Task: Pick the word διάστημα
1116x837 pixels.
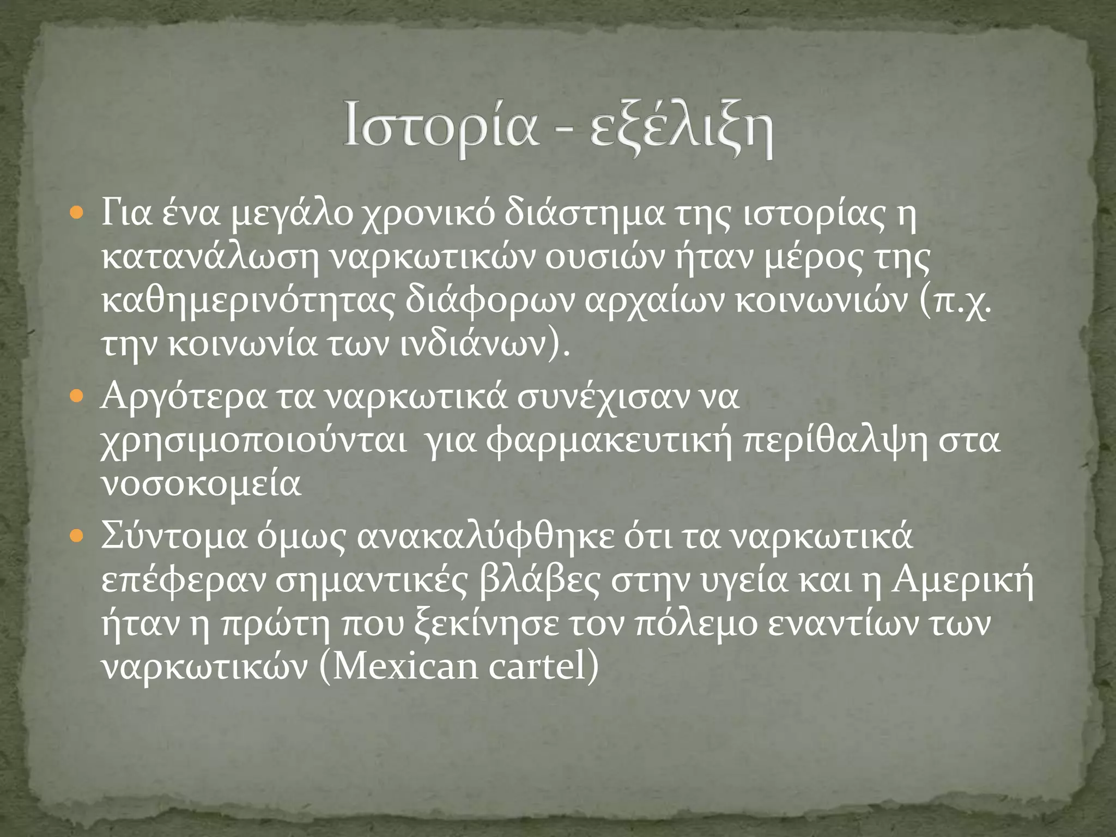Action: pyautogui.click(x=584, y=214)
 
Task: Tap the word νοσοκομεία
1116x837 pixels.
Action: pyautogui.click(x=202, y=484)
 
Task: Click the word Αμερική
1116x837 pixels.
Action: pyautogui.click(x=962, y=581)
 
